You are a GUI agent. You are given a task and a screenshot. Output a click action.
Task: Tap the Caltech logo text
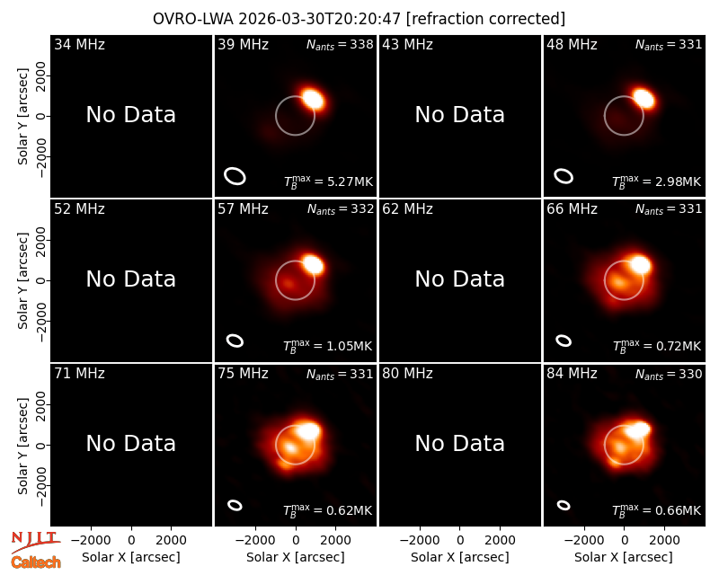click(x=36, y=562)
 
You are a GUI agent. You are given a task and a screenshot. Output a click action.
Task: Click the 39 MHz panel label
click(x=243, y=44)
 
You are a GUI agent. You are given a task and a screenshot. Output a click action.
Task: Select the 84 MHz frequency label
click(x=572, y=374)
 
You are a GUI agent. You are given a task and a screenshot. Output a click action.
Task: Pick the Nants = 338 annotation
click(x=340, y=44)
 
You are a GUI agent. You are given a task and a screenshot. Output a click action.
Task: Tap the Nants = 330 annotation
click(x=669, y=374)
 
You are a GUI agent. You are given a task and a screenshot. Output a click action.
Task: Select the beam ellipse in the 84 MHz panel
click(x=564, y=505)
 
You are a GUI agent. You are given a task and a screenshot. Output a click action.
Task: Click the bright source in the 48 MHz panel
click(x=644, y=98)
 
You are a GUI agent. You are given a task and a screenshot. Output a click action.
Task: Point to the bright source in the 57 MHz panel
click(x=313, y=264)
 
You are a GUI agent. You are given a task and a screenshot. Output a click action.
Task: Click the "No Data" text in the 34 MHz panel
click(x=130, y=115)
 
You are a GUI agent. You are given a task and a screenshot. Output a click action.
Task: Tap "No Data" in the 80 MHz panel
click(x=459, y=443)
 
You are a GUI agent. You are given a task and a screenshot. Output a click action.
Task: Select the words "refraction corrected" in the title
click(x=485, y=19)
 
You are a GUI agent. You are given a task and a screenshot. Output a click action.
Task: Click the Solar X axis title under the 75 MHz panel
click(x=296, y=557)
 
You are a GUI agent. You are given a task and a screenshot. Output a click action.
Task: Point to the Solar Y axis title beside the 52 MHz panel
click(x=22, y=280)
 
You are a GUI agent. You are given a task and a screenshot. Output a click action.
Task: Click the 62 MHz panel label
click(x=407, y=209)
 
